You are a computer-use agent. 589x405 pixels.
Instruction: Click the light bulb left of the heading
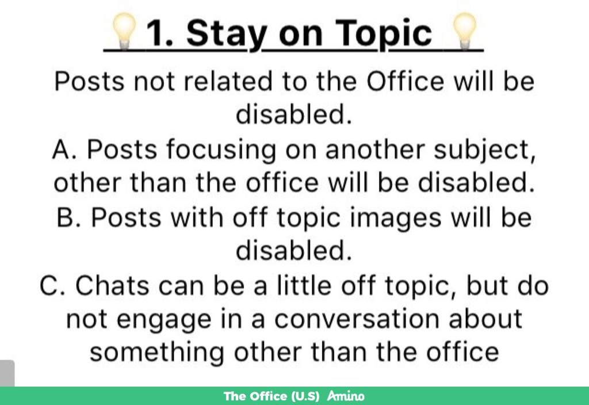124,31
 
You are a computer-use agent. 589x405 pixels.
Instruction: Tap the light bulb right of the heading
465,31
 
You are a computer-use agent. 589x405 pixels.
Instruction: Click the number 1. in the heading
159,33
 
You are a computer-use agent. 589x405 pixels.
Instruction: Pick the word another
374,150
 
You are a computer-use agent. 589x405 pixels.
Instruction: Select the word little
304,285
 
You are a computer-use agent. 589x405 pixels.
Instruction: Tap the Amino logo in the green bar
346,396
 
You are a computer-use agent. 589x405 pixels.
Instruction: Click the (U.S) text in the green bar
305,396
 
